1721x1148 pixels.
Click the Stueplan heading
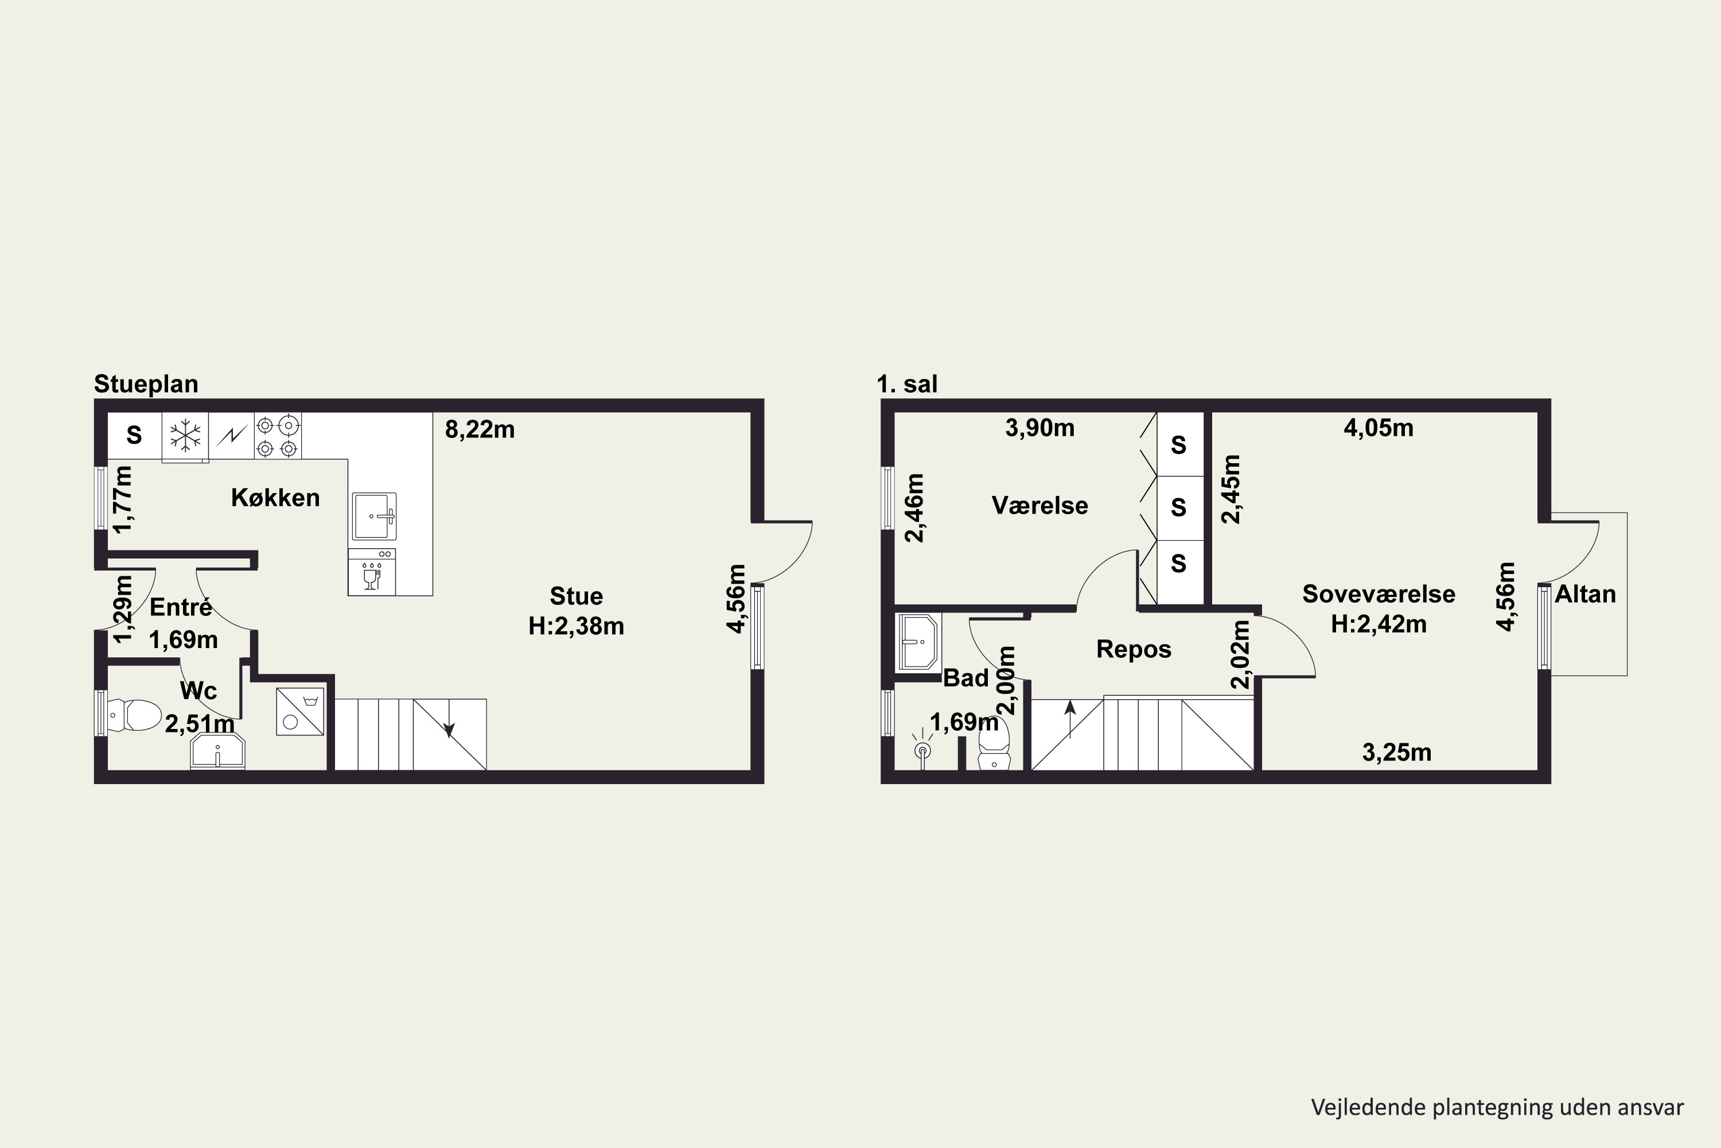click(146, 385)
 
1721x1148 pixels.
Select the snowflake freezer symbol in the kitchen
click(185, 436)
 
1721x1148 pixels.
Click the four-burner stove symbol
click(277, 436)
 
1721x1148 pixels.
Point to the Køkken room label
click(275, 498)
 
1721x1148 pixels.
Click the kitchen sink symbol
click(374, 516)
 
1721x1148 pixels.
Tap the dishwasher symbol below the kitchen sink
click(372, 572)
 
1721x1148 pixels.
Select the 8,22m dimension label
click(480, 429)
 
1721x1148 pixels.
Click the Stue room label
click(577, 596)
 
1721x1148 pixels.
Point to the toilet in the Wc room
click(134, 715)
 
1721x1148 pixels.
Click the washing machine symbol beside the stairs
click(300, 711)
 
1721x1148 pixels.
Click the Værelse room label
click(1039, 505)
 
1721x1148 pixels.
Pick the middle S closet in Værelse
click(1178, 507)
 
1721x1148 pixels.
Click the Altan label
click(1585, 594)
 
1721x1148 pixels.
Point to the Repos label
click(1134, 649)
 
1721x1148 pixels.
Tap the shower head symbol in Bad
click(922, 748)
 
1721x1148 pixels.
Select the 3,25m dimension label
click(1397, 753)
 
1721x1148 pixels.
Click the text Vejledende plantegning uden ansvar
click(1497, 1107)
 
